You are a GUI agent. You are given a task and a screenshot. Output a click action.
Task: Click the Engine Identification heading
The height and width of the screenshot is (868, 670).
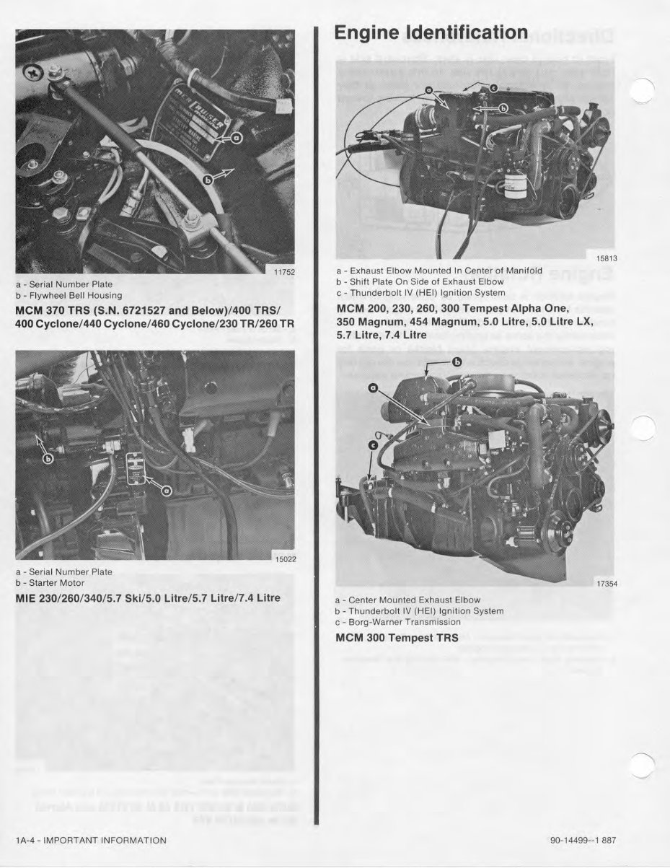click(431, 32)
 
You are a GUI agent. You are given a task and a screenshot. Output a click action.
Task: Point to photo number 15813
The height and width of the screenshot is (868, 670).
click(604, 258)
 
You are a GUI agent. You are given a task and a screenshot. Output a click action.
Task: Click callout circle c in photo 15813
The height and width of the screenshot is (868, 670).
click(493, 87)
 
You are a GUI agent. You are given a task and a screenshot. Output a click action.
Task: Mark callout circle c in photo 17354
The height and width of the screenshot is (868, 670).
click(372, 446)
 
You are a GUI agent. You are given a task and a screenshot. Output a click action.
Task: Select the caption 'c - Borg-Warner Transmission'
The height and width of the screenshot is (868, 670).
click(398, 622)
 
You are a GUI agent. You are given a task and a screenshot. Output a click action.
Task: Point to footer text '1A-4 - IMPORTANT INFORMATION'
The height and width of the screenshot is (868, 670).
click(91, 840)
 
